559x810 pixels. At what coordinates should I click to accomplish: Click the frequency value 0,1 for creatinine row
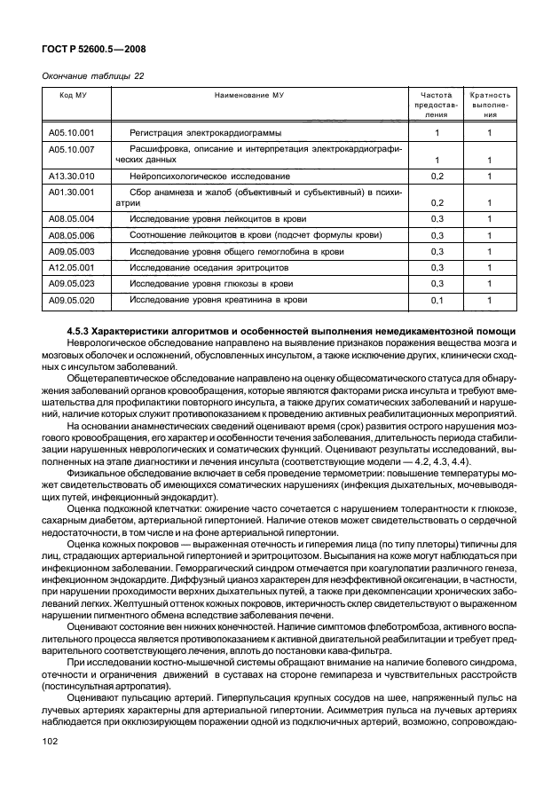click(436, 301)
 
